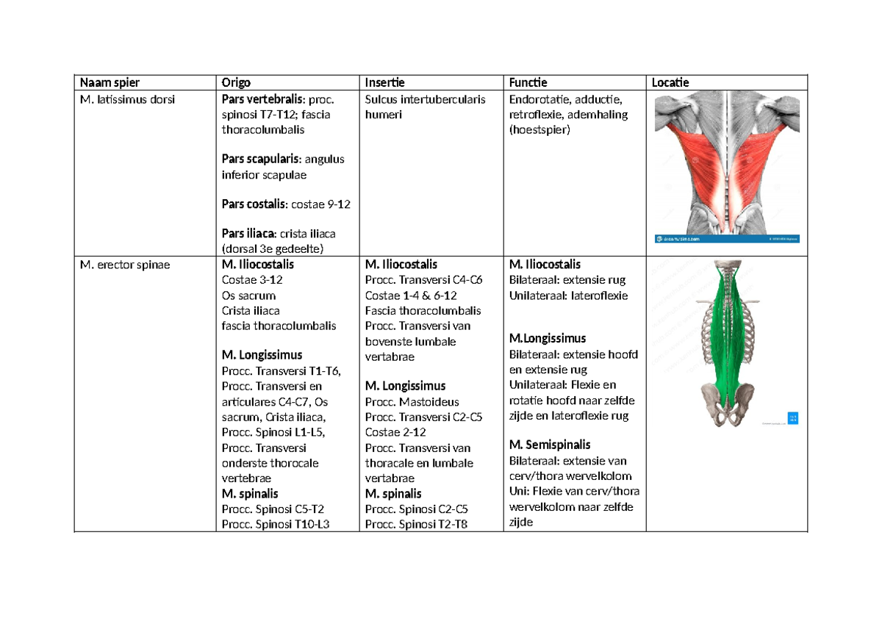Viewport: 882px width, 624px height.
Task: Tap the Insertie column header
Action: coord(384,82)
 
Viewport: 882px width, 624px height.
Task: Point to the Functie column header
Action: coord(528,82)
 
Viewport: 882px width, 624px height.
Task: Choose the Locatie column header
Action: coord(670,82)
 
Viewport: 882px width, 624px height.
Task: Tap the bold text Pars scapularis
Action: coord(260,159)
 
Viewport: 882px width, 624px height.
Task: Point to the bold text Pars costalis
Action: coord(254,204)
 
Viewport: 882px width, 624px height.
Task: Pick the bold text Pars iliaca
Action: coord(248,234)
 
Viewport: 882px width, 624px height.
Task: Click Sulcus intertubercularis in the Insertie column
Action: coord(425,100)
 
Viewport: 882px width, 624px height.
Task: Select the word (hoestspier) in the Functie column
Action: coord(539,130)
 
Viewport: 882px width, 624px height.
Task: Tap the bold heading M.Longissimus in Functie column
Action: coord(548,339)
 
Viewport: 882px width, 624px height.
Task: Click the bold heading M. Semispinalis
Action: coord(550,445)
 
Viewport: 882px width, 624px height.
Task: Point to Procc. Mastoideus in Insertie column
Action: coord(412,401)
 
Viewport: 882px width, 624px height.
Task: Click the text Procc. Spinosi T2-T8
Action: coord(416,524)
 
